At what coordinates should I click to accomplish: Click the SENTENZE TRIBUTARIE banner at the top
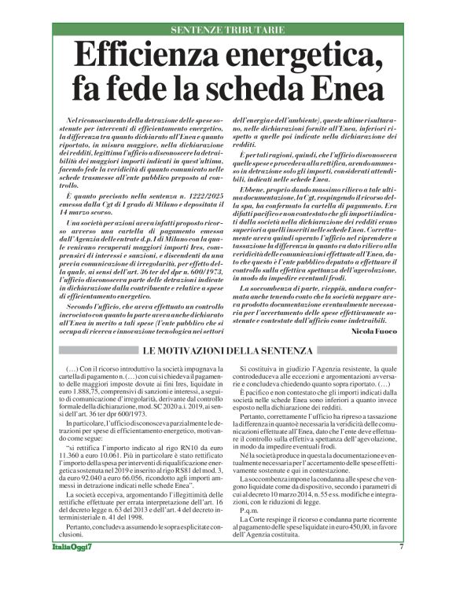(228, 30)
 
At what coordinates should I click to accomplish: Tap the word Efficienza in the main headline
(161, 57)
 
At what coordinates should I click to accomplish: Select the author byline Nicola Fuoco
(379, 332)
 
